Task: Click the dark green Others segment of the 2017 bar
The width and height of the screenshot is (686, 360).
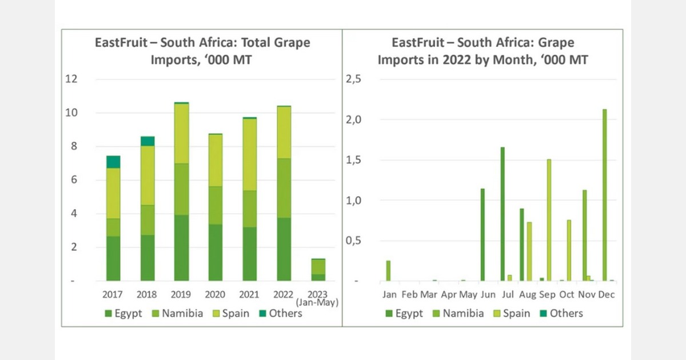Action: [x=113, y=162]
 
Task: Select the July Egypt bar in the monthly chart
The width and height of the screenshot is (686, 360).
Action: [x=502, y=214]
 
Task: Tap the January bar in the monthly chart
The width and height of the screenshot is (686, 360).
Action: [x=388, y=271]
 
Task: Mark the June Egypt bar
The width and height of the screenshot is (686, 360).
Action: [x=483, y=235]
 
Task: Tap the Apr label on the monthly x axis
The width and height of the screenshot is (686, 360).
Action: [x=449, y=295]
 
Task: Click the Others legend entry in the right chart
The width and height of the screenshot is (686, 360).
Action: [x=560, y=313]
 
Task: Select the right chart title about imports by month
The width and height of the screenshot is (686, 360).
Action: [x=483, y=51]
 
